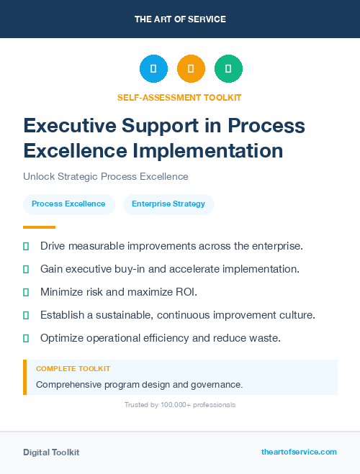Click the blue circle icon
pos(153,69)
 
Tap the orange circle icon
pos(191,69)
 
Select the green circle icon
pos(228,69)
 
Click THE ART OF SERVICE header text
pos(180,19)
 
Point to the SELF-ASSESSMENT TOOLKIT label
pos(180,97)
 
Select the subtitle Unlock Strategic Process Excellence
pos(105,176)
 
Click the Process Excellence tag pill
pos(68,204)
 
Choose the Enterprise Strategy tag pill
pos(168,204)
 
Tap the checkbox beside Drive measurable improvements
pos(26,246)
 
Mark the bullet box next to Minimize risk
pos(26,292)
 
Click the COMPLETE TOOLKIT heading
pos(73,368)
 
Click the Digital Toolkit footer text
pos(51,452)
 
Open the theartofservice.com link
pos(299,452)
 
